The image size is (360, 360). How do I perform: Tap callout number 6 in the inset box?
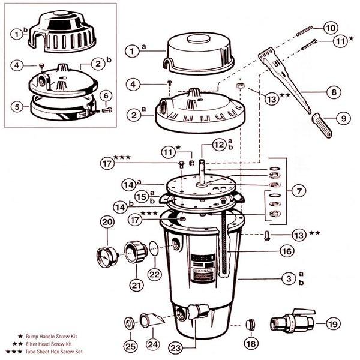click(x=106, y=95)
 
